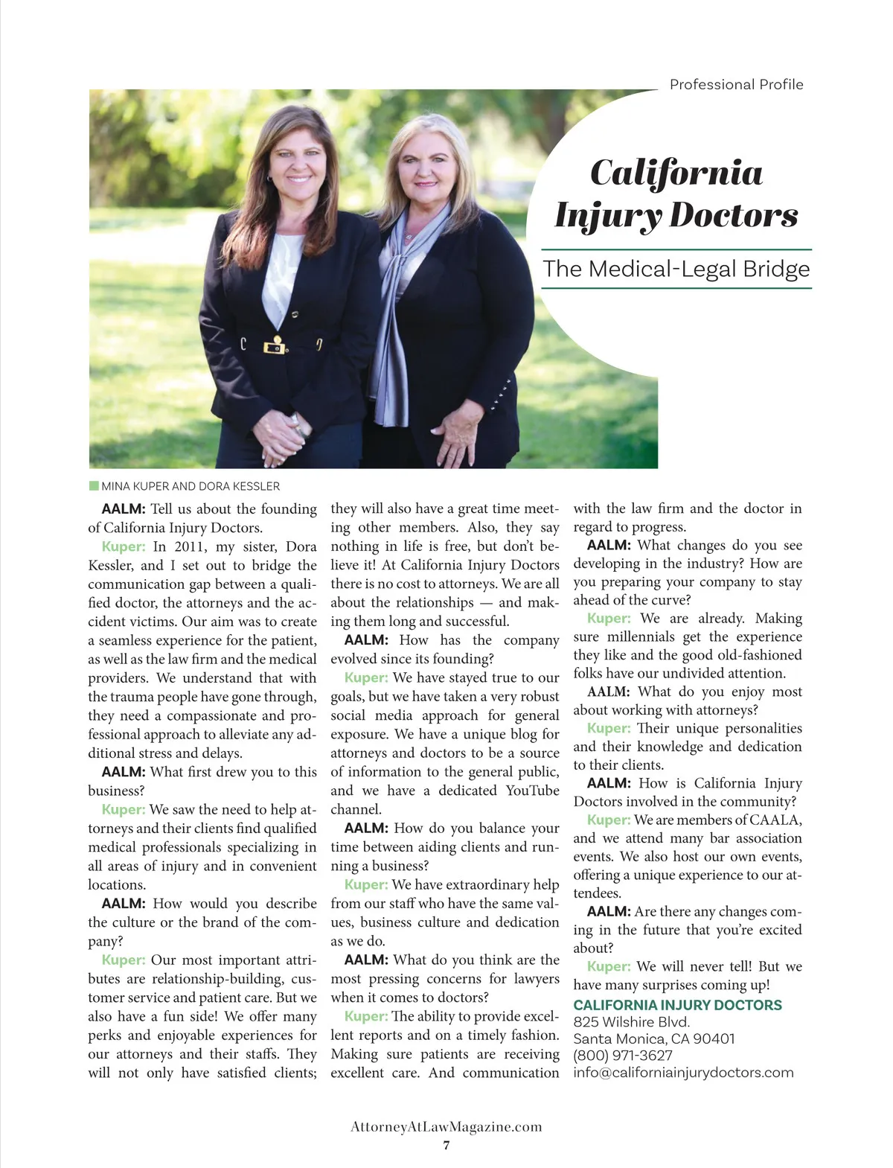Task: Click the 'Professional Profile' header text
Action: [736, 85]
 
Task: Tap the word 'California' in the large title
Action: [676, 173]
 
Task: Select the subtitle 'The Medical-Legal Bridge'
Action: [676, 269]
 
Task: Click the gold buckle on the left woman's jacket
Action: [276, 345]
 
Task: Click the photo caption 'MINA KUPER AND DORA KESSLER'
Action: [191, 487]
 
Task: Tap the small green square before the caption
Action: [94, 486]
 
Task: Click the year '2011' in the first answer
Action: [189, 546]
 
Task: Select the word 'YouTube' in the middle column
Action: [532, 791]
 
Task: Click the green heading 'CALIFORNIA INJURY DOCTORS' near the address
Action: [677, 1005]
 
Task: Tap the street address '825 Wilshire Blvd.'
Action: [631, 1022]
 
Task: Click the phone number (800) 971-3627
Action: [622, 1056]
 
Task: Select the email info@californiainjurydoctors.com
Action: [683, 1073]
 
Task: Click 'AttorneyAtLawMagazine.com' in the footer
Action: [446, 1127]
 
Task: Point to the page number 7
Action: [446, 1146]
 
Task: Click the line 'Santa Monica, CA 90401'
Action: [653, 1038]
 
